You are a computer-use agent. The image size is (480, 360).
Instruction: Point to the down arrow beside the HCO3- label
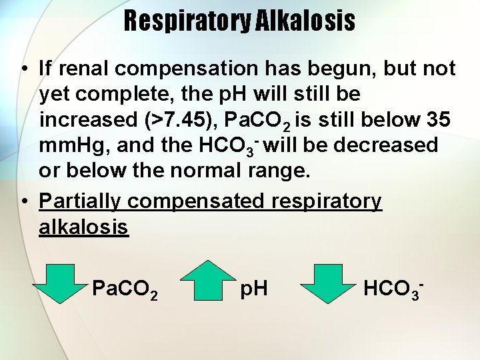pyautogui.click(x=330, y=282)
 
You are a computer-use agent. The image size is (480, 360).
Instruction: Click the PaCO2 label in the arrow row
pyautogui.click(x=125, y=289)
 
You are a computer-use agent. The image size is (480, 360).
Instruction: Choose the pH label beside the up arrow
pyautogui.click(x=253, y=289)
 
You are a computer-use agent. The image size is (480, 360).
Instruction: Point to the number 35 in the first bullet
pyautogui.click(x=439, y=119)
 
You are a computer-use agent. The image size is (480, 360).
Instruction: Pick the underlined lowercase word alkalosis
pyautogui.click(x=83, y=227)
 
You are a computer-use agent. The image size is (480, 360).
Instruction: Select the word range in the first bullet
pyautogui.click(x=281, y=170)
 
